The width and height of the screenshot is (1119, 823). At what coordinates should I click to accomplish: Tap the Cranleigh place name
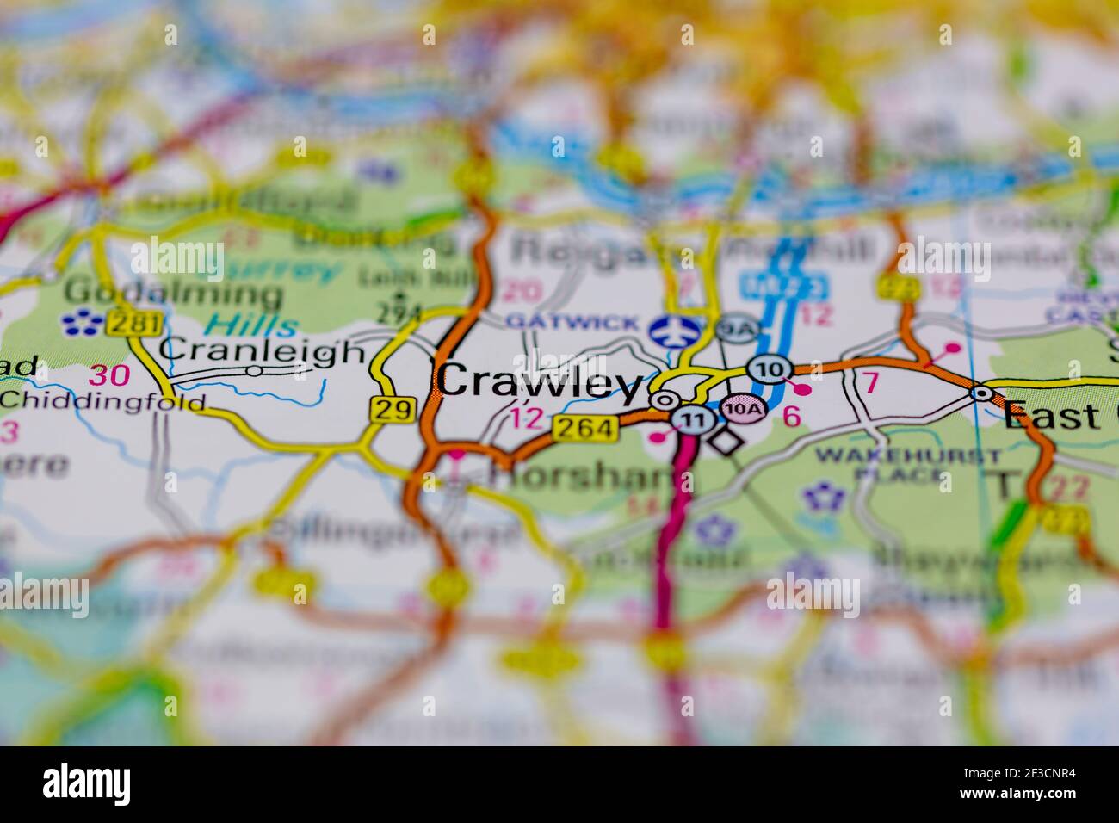click(263, 351)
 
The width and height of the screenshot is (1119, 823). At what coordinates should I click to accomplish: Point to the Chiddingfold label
click(102, 400)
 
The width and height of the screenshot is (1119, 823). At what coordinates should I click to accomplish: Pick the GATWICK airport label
click(572, 323)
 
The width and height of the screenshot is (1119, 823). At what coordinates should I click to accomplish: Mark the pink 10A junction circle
click(742, 408)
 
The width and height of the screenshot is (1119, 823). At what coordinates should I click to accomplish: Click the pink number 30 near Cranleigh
click(111, 375)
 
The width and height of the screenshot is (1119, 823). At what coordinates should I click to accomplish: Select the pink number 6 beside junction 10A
click(792, 417)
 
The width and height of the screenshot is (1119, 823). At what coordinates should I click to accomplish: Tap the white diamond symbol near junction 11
click(725, 442)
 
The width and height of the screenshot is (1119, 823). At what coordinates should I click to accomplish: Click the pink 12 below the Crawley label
click(527, 419)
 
